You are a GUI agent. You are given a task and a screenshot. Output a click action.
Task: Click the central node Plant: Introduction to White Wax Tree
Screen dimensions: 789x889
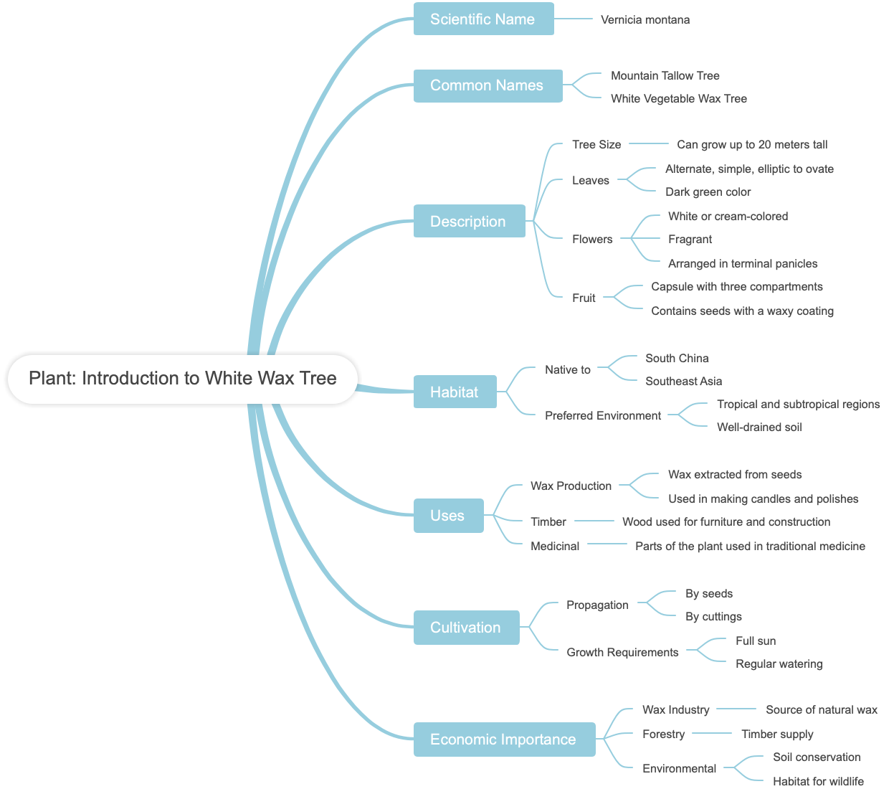click(x=182, y=379)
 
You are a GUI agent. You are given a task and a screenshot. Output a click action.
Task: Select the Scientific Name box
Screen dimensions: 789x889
click(x=483, y=19)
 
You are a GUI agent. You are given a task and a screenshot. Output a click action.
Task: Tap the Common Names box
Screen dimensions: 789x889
click(x=488, y=85)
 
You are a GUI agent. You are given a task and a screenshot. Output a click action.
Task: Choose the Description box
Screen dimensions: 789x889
click(x=469, y=222)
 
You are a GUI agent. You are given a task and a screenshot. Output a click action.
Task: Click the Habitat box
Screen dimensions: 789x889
click(x=455, y=392)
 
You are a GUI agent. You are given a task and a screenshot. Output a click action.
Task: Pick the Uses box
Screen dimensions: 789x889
click(x=448, y=516)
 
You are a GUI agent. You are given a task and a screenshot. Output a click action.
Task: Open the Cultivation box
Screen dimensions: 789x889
click(x=466, y=628)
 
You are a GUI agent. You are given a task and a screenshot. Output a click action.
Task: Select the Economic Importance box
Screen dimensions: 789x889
click(x=504, y=740)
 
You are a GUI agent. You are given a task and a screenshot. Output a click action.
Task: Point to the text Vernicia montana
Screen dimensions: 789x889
click(x=645, y=20)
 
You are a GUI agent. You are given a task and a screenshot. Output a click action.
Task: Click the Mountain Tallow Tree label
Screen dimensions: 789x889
click(x=665, y=76)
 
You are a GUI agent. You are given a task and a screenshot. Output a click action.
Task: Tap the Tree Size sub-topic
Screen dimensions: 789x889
click(x=596, y=145)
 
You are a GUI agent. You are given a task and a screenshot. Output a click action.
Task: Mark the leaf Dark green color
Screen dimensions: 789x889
click(x=708, y=192)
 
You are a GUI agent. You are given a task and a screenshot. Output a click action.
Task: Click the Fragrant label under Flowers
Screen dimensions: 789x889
click(x=690, y=240)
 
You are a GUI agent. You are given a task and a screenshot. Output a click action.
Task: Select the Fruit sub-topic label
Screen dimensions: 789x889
click(x=584, y=298)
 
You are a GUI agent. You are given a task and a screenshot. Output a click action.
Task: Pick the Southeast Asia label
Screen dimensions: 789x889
click(x=683, y=382)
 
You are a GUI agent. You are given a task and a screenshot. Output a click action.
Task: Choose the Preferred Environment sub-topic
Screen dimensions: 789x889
click(x=603, y=416)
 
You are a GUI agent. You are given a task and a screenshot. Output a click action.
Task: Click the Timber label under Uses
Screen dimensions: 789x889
click(x=548, y=522)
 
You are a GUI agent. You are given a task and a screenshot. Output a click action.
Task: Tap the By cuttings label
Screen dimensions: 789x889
click(x=713, y=617)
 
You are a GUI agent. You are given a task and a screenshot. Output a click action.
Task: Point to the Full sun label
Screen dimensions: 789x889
click(x=756, y=641)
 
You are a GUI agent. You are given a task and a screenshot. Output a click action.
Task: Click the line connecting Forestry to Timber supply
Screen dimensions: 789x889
click(x=712, y=733)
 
